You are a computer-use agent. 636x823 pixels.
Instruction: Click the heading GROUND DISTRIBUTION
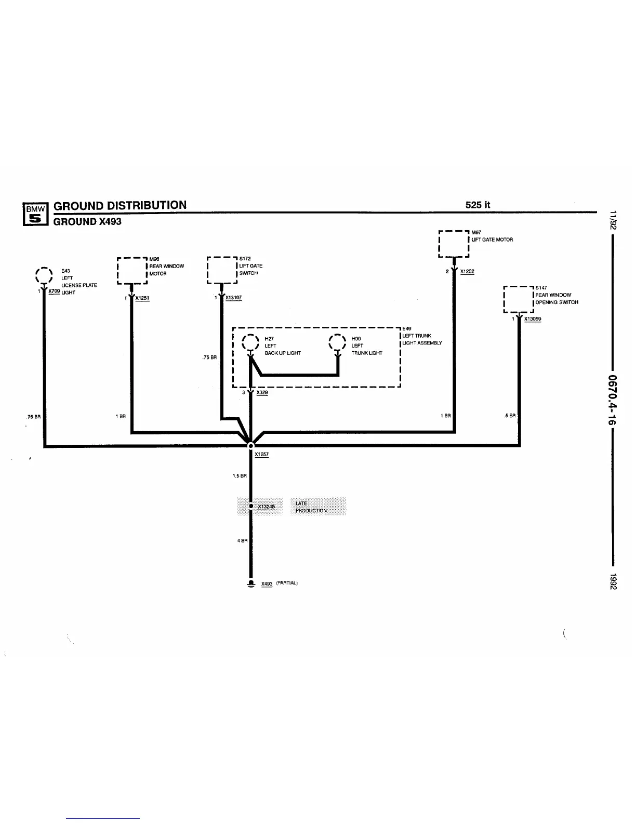[120, 205]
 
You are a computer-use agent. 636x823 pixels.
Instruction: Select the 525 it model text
[478, 205]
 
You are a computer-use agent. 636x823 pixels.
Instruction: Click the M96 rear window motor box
[132, 270]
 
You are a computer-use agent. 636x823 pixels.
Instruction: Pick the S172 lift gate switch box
[222, 270]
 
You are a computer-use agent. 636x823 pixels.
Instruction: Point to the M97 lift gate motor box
[454, 244]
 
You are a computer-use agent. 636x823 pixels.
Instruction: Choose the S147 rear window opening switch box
[519, 299]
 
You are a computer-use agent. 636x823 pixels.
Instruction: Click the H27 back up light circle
[250, 342]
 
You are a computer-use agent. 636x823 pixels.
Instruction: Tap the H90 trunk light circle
[338, 342]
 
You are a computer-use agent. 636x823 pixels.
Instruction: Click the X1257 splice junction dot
[251, 445]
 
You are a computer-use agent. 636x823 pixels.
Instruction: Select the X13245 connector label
[266, 507]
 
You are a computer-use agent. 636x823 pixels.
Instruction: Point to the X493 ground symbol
[251, 583]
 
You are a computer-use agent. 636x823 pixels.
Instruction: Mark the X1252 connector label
[467, 272]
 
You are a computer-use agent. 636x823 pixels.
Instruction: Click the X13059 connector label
[532, 319]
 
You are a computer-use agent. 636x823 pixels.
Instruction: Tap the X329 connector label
[262, 393]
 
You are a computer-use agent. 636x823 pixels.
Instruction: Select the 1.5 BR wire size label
[240, 476]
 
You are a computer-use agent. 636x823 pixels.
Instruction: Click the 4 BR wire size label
[242, 541]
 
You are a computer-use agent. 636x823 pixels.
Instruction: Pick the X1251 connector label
[142, 298]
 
